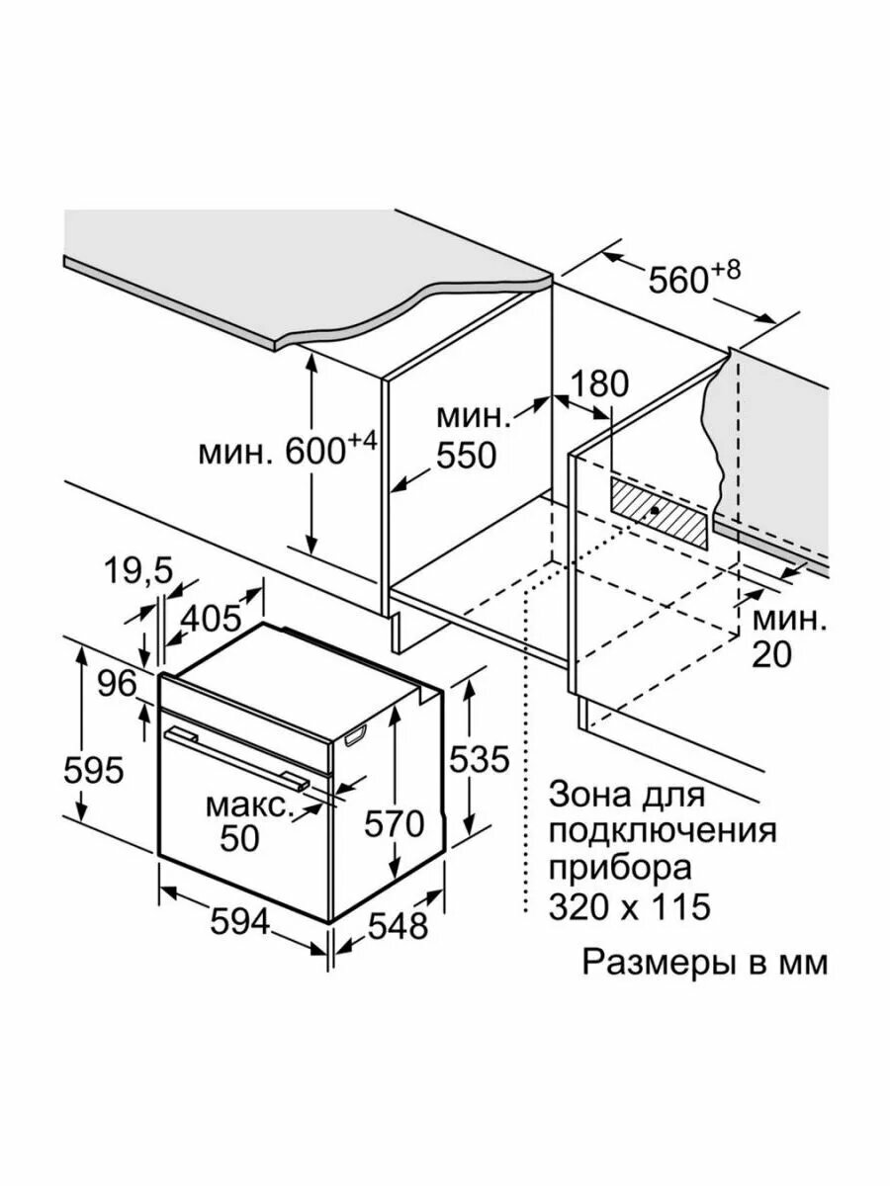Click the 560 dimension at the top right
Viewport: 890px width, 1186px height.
[681, 280]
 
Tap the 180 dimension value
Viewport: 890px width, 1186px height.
[598, 384]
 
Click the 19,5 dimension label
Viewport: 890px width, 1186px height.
[138, 571]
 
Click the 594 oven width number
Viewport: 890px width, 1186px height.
[240, 922]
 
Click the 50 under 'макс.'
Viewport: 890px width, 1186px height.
[239, 838]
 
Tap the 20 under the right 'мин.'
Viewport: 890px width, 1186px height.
[771, 654]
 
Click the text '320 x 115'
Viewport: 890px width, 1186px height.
[630, 905]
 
